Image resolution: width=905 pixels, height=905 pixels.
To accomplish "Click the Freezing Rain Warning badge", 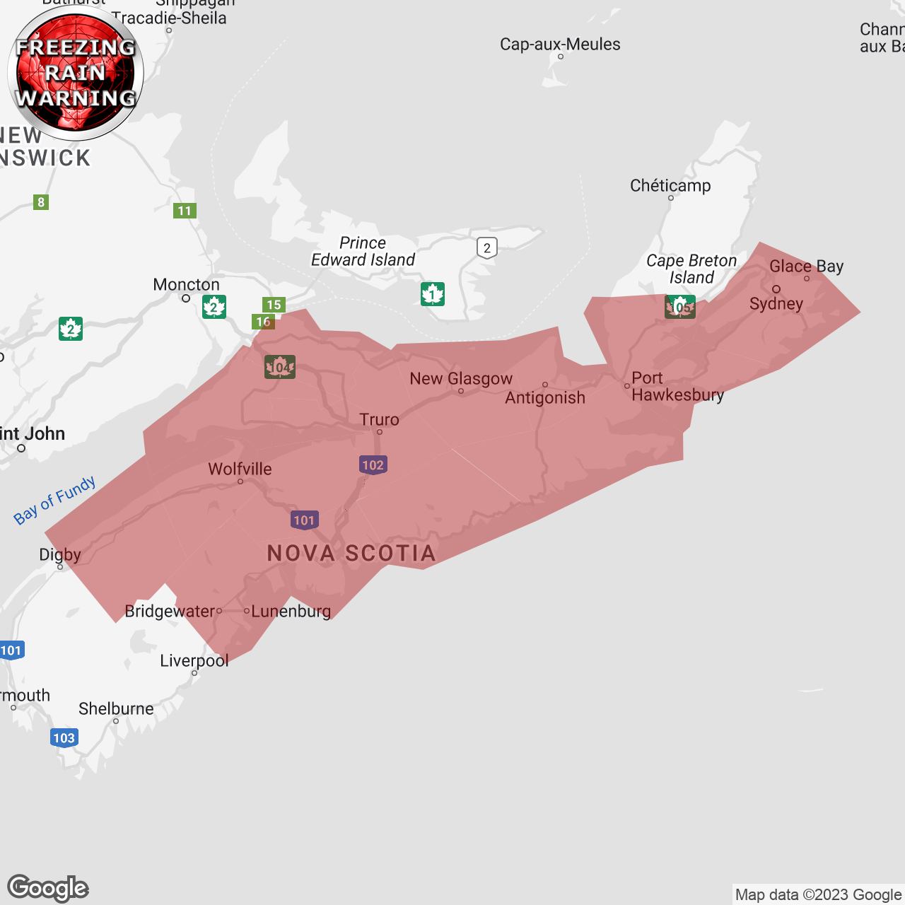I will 76,73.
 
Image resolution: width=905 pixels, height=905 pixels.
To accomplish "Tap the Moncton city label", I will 186,285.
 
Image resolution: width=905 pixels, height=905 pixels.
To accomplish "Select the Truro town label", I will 379,420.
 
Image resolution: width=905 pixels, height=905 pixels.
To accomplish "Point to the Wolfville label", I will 240,469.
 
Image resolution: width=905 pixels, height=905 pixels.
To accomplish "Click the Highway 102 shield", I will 373,465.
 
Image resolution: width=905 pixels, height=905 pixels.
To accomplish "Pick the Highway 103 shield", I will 64,737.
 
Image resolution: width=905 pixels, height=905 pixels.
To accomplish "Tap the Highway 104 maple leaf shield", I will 280,367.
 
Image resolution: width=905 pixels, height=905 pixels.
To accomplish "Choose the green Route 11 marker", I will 185,211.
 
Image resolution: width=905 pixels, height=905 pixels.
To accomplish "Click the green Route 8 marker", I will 41,202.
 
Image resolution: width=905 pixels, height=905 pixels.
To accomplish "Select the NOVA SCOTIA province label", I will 351,553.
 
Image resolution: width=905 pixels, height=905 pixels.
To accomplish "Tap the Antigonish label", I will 545,398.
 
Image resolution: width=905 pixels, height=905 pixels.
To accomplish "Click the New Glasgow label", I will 461,379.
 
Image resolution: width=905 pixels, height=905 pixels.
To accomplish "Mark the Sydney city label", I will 776,304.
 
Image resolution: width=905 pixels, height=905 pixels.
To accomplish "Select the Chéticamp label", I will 670,186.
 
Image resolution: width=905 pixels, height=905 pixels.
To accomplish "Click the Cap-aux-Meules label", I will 560,45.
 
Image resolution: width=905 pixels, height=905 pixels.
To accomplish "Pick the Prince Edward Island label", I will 363,252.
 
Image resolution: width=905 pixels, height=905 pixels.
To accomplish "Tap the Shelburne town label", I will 116,709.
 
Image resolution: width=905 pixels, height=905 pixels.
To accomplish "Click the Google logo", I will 48,888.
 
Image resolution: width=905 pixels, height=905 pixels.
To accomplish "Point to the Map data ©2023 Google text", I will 818,895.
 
